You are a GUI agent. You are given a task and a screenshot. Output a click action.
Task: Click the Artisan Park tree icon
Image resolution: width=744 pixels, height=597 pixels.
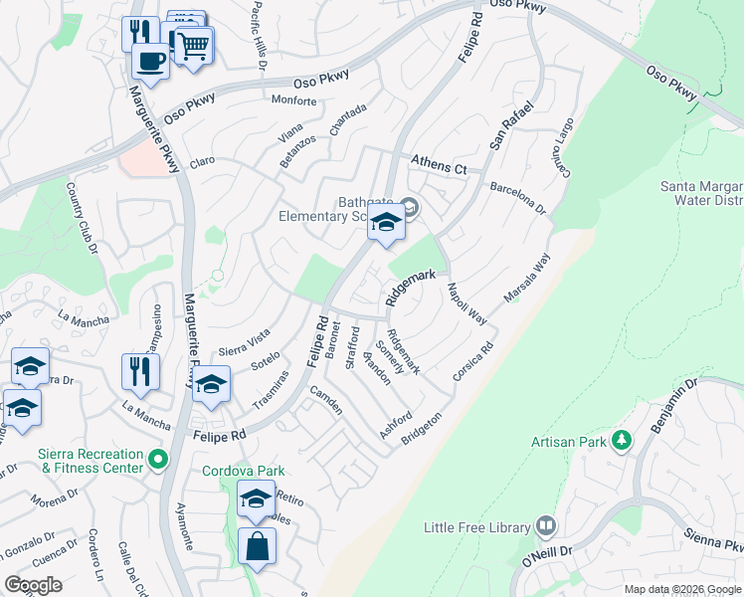[622, 439]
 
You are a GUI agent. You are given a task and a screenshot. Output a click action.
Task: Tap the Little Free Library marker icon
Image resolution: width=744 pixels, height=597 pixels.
[545, 524]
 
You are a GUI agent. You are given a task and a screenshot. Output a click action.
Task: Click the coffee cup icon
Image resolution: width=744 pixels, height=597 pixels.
[150, 59]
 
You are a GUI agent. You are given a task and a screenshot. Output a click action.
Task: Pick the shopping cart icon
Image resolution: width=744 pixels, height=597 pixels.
[193, 45]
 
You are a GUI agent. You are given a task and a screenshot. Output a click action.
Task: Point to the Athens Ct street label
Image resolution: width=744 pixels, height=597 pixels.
[440, 168]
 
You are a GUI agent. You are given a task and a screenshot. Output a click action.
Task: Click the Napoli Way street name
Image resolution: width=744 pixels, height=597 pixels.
[465, 303]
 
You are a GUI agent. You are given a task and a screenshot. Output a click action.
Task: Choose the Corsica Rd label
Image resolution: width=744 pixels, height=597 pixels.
[473, 362]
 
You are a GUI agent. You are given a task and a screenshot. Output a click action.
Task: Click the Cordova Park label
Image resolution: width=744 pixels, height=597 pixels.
[244, 471]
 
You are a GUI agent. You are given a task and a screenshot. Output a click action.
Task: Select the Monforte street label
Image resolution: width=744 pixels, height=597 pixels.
[293, 100]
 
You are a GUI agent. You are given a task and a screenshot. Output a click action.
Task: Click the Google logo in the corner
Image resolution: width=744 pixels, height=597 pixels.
[34, 585]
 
